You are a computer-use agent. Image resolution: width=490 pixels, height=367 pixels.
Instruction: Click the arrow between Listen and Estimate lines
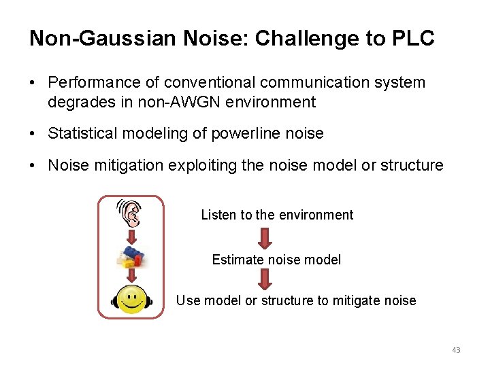click(265, 237)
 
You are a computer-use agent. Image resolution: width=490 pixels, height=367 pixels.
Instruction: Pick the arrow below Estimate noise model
click(265, 279)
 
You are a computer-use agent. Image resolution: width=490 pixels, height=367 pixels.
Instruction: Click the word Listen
click(218, 215)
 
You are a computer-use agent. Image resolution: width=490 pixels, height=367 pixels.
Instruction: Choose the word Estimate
click(236, 260)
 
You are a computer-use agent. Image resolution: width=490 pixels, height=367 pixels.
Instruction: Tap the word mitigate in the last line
click(357, 300)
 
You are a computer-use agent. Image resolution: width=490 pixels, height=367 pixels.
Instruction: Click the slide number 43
click(456, 350)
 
